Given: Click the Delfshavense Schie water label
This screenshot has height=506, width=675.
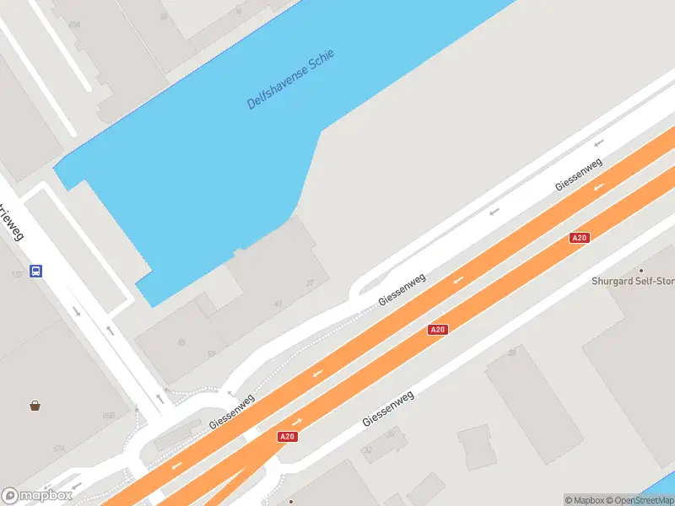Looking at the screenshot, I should coord(290,79).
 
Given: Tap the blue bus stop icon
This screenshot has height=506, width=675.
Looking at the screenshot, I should coord(36,271).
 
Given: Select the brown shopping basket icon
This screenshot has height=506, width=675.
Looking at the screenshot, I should coord(35,406).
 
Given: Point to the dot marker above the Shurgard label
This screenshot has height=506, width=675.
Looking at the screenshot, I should coord(640,270).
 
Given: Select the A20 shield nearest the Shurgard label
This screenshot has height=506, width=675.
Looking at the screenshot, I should coord(579,238).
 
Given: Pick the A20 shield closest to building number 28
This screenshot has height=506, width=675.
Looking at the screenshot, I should coord(437,330).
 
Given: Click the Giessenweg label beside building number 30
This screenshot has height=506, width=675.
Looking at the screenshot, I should coord(388,408).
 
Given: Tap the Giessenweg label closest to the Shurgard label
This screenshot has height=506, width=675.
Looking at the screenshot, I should coord(578,175).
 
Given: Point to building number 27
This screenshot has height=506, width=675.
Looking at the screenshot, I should coord(310,283).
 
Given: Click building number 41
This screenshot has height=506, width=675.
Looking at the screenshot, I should coord(278,304).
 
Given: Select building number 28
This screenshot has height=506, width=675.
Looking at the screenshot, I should coord(511,353).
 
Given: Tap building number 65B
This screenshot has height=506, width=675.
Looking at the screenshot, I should coord(108,416).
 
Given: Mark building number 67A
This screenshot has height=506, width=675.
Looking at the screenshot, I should coord(59,449).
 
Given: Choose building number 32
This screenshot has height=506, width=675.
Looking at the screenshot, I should coord(368,450).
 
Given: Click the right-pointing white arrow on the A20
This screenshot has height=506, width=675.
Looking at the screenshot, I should coord(297,421).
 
